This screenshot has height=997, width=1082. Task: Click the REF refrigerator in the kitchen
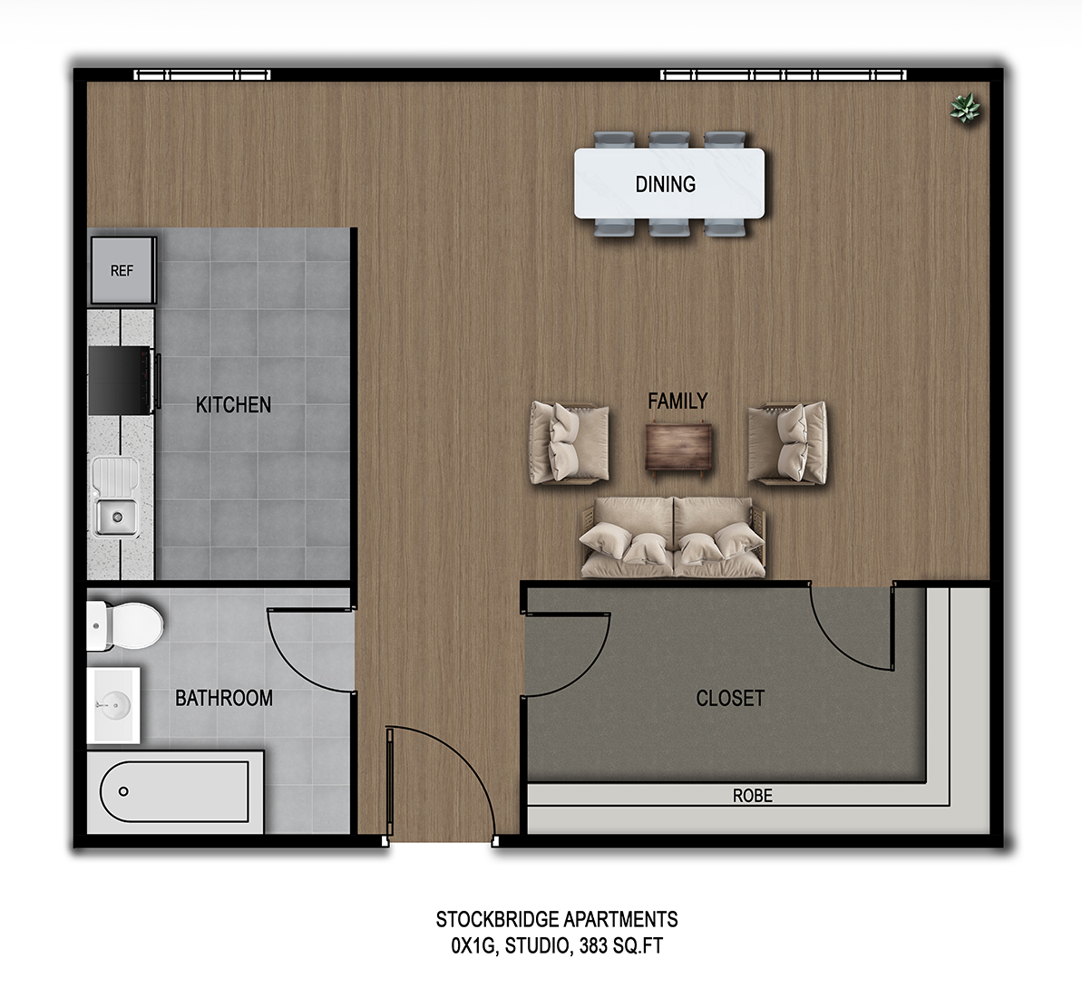click(122, 270)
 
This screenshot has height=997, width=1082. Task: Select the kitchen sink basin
click(116, 517)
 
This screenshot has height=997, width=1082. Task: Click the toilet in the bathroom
click(126, 624)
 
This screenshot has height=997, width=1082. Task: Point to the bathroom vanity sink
click(114, 702)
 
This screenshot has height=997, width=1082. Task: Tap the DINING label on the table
click(665, 184)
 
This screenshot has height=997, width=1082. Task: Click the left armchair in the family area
click(569, 443)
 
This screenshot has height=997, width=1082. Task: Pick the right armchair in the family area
click(787, 442)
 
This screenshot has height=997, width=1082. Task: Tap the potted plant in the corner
click(965, 109)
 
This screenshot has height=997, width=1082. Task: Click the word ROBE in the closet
click(752, 796)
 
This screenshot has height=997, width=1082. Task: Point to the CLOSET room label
click(729, 698)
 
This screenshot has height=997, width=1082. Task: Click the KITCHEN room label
click(233, 404)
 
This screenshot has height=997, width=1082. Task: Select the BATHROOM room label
click(223, 698)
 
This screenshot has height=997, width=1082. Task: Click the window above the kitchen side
click(202, 75)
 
